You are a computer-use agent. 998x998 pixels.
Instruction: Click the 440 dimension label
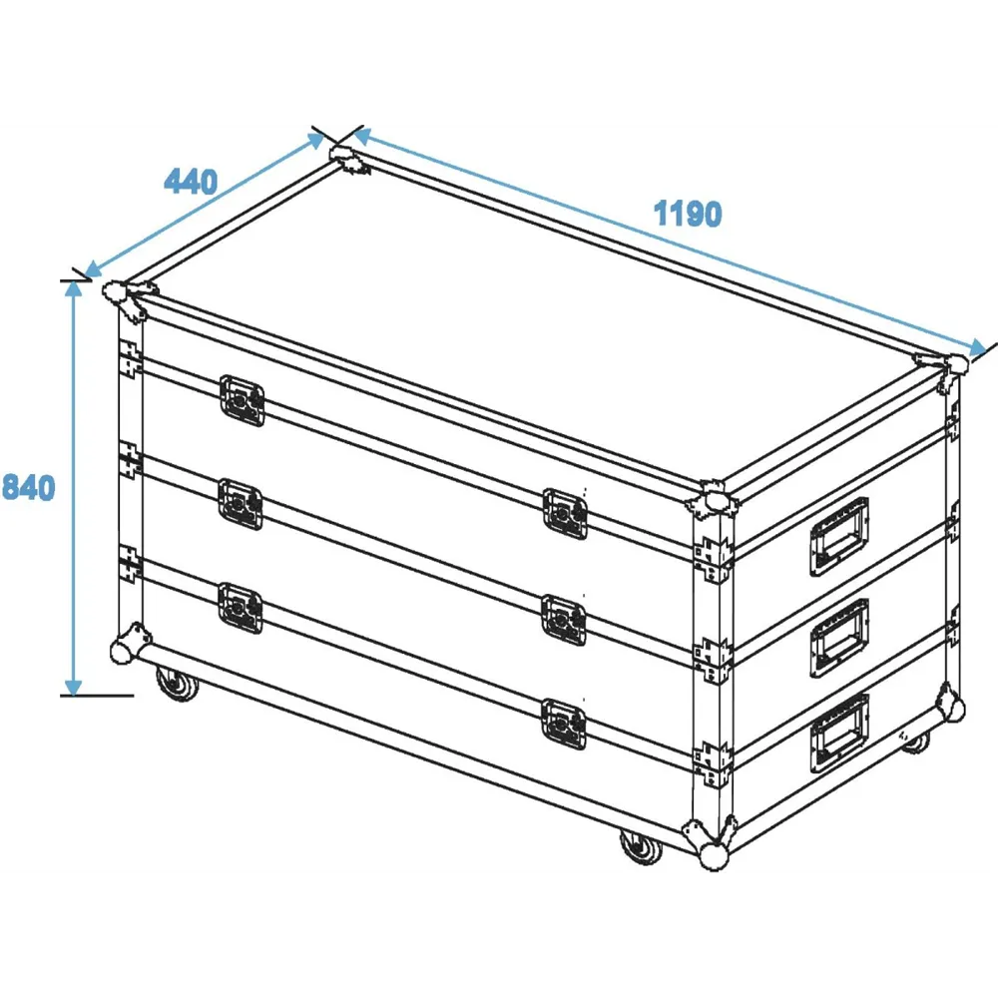pyautogui.click(x=191, y=182)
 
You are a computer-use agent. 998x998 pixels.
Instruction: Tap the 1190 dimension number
pyautogui.click(x=688, y=214)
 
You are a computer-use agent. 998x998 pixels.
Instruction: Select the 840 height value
pyautogui.click(x=29, y=487)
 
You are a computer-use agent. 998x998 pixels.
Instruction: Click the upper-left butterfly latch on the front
pyautogui.click(x=242, y=400)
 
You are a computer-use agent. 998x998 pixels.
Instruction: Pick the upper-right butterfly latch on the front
pyautogui.click(x=565, y=514)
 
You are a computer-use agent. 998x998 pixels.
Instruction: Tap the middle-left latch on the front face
pyautogui.click(x=241, y=504)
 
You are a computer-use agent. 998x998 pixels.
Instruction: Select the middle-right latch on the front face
pyautogui.click(x=564, y=620)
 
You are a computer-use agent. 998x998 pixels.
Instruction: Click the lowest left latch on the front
pyautogui.click(x=240, y=609)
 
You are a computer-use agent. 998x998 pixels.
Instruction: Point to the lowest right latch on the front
pyautogui.click(x=564, y=725)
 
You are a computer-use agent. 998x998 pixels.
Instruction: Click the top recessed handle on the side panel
pyautogui.click(x=839, y=536)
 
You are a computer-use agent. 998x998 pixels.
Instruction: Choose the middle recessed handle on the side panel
pyautogui.click(x=839, y=638)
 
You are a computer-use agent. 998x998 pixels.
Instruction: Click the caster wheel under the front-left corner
pyautogui.click(x=178, y=684)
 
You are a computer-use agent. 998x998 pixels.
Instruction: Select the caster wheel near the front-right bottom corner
pyautogui.click(x=642, y=847)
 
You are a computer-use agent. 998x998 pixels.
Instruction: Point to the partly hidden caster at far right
pyautogui.click(x=916, y=742)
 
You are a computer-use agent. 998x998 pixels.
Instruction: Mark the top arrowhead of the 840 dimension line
pyautogui.click(x=73, y=289)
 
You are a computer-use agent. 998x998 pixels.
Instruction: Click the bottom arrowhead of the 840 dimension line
pyautogui.click(x=73, y=687)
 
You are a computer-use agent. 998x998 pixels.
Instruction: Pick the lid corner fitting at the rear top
pyautogui.click(x=348, y=159)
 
